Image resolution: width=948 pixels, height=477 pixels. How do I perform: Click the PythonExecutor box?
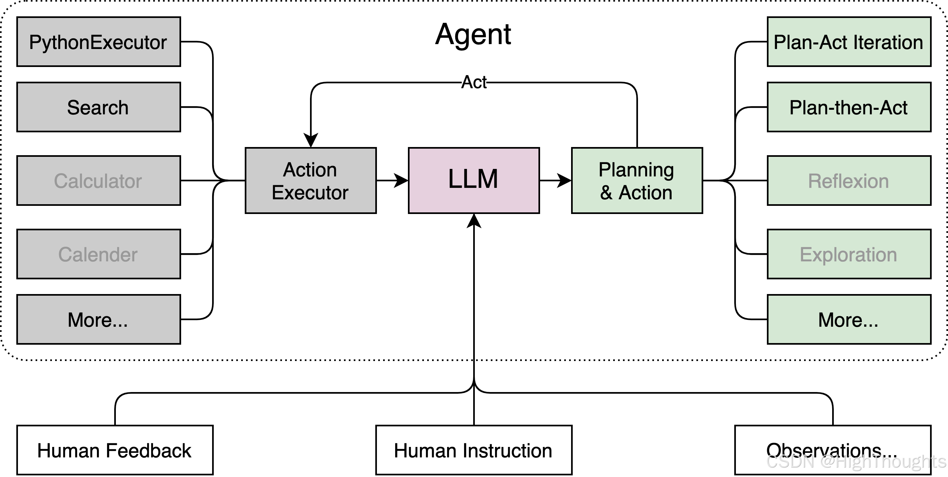click(98, 41)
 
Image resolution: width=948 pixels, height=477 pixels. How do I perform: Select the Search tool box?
click(98, 107)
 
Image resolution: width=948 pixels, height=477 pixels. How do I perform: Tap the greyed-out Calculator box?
click(98, 180)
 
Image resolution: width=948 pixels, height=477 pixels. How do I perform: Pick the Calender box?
click(98, 254)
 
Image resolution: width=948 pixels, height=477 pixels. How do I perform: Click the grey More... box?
click(98, 319)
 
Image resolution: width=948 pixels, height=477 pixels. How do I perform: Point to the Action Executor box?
click(310, 180)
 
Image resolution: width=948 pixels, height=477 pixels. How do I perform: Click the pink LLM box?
click(474, 180)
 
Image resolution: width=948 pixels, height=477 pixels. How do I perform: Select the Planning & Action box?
click(637, 180)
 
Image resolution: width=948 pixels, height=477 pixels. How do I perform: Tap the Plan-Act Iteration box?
click(849, 41)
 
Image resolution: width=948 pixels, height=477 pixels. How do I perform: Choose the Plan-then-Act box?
click(849, 107)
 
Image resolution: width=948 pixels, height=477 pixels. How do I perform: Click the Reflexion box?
click(849, 180)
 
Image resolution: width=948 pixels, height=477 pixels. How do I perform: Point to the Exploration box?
click(849, 254)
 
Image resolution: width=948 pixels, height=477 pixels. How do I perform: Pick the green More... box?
click(849, 319)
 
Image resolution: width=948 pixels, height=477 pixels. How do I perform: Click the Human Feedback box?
click(115, 450)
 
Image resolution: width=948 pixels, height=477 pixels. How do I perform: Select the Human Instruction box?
click(474, 450)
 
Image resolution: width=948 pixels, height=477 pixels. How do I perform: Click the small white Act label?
click(474, 82)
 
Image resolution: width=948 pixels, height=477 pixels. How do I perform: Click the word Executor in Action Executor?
click(310, 193)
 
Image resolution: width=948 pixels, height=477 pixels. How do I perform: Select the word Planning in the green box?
click(636, 170)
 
